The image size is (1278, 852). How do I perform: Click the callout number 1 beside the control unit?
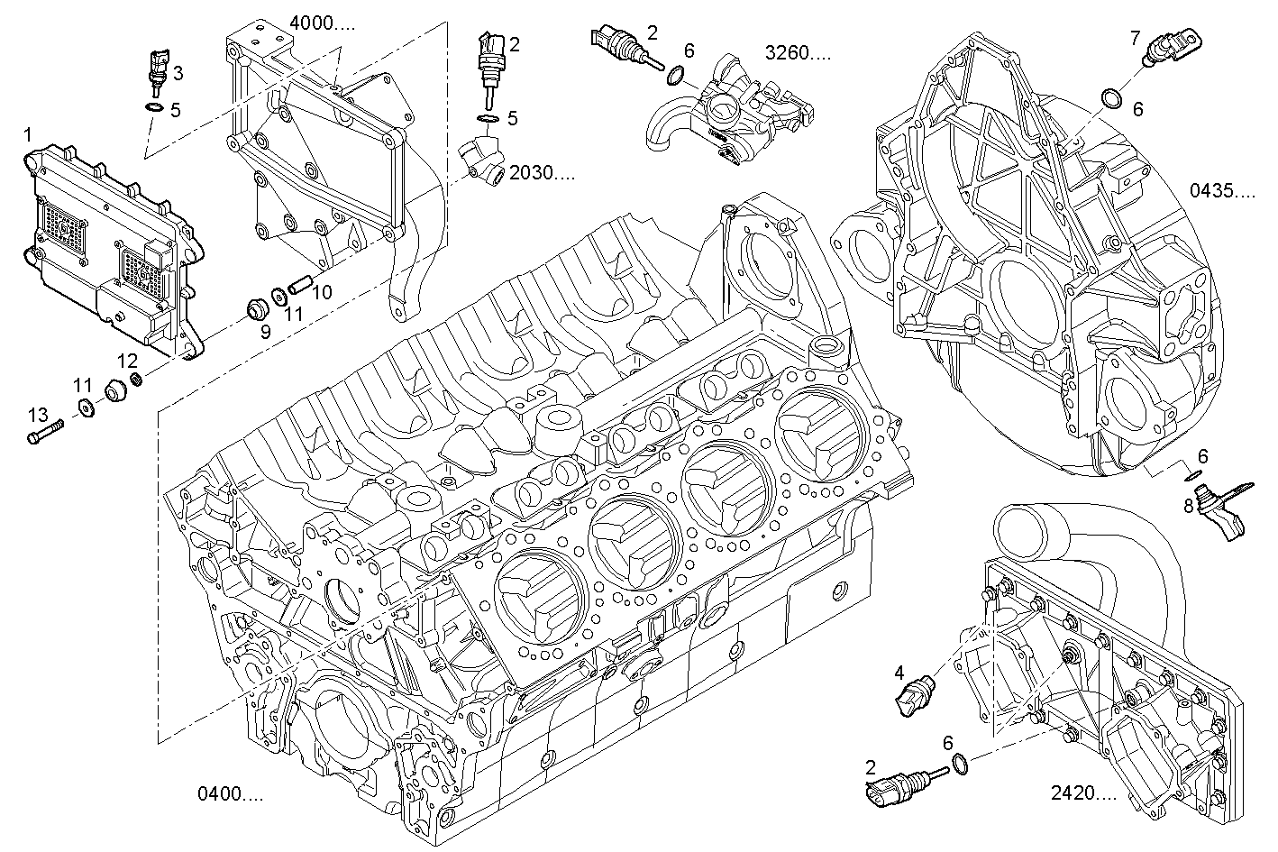(x=28, y=135)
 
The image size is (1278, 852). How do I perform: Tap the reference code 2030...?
(x=541, y=172)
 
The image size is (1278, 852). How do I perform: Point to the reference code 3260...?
(x=798, y=52)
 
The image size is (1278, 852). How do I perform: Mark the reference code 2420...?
(x=1083, y=793)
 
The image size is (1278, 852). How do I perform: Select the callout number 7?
(x=1136, y=37)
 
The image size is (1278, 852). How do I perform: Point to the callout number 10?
(x=322, y=291)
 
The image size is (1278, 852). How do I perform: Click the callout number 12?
(x=128, y=361)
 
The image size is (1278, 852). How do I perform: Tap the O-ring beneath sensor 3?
(x=154, y=109)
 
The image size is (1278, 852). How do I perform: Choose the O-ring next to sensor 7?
(x=1112, y=96)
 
